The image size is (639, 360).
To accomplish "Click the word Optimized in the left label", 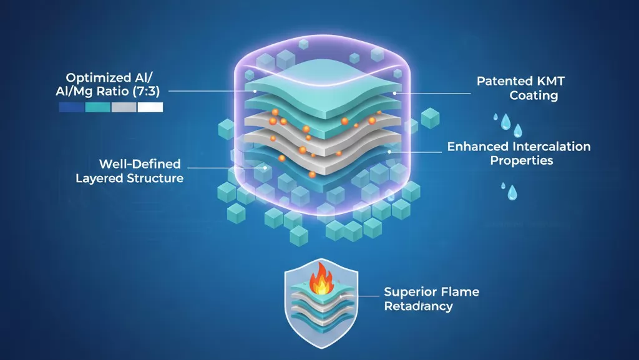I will (92, 78).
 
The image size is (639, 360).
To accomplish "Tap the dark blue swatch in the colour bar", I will (71, 107).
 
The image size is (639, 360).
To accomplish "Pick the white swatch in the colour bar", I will (150, 107).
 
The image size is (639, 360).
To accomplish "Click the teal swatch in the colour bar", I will (97, 107).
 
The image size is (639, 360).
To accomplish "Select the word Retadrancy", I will (418, 306).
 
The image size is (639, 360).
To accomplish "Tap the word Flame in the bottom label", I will (458, 292).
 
